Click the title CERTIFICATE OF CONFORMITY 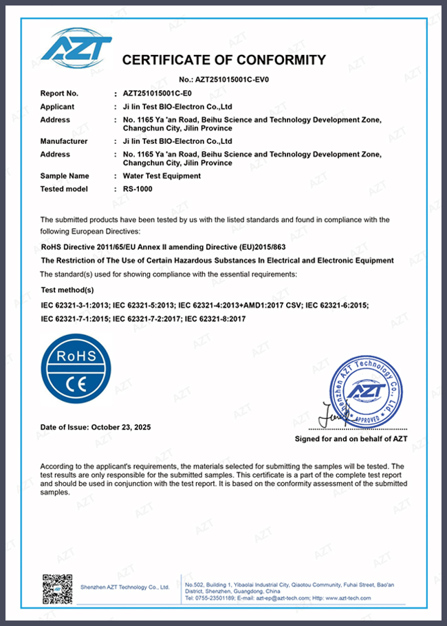[x=223, y=60]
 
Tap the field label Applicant [x=57, y=107]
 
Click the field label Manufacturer [x=64, y=141]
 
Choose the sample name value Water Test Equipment [x=162, y=176]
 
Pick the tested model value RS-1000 [x=138, y=189]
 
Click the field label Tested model [x=64, y=189]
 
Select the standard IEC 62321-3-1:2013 [x=74, y=305]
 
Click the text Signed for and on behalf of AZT [x=351, y=438]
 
